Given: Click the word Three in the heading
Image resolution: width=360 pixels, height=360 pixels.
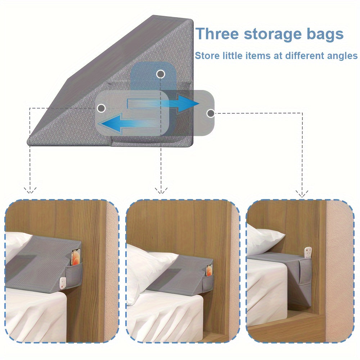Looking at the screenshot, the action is (x=217, y=34).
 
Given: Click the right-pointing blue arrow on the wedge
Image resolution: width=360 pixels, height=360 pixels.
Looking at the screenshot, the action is (x=163, y=104).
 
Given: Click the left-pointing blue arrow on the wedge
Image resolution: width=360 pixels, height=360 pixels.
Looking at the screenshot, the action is (x=128, y=124).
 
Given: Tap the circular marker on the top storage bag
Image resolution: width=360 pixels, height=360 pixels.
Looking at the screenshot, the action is (x=161, y=74).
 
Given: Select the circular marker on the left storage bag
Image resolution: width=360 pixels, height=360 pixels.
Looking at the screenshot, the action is (x=101, y=108).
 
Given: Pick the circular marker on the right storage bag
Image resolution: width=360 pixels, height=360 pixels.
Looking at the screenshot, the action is (x=210, y=113).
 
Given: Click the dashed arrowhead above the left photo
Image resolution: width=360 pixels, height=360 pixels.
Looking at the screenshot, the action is (x=30, y=190).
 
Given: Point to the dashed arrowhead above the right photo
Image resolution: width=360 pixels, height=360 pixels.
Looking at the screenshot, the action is (x=302, y=194).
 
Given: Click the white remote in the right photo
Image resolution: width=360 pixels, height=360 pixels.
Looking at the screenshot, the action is (x=308, y=252).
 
